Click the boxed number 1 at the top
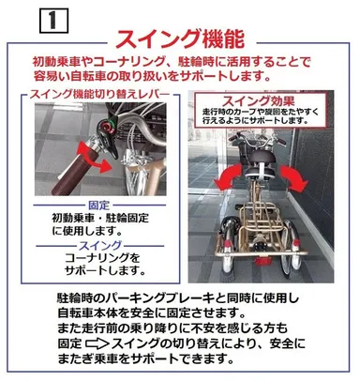tap(53, 21)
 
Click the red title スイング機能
tap(180, 39)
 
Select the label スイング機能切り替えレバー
tap(100, 94)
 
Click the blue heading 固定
tap(99, 206)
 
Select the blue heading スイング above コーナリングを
tap(99, 246)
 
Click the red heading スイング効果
tap(258, 101)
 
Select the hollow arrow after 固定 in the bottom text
tap(97, 344)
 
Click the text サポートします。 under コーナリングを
tap(105, 270)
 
